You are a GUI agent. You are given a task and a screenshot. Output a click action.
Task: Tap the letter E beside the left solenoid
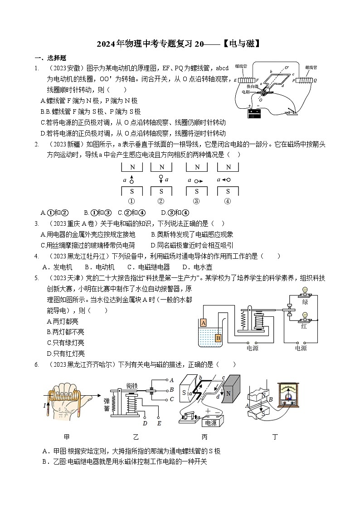pyautogui.click(x=235, y=80)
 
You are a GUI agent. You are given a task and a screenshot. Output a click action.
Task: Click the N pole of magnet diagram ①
pyautogui.click(x=132, y=167)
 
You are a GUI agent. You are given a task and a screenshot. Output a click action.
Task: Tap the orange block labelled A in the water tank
pyautogui.click(x=203, y=323)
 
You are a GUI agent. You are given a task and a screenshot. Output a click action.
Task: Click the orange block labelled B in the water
pyautogui.click(x=218, y=337)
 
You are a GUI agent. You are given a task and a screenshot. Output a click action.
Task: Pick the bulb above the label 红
pyautogui.click(x=305, y=316)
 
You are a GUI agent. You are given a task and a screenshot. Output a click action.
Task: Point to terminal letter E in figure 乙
pyautogui.click(x=159, y=424)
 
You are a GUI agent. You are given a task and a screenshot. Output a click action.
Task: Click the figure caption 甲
pyautogui.click(x=67, y=437)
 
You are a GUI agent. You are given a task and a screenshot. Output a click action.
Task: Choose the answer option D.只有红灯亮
pyautogui.click(x=66, y=354)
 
